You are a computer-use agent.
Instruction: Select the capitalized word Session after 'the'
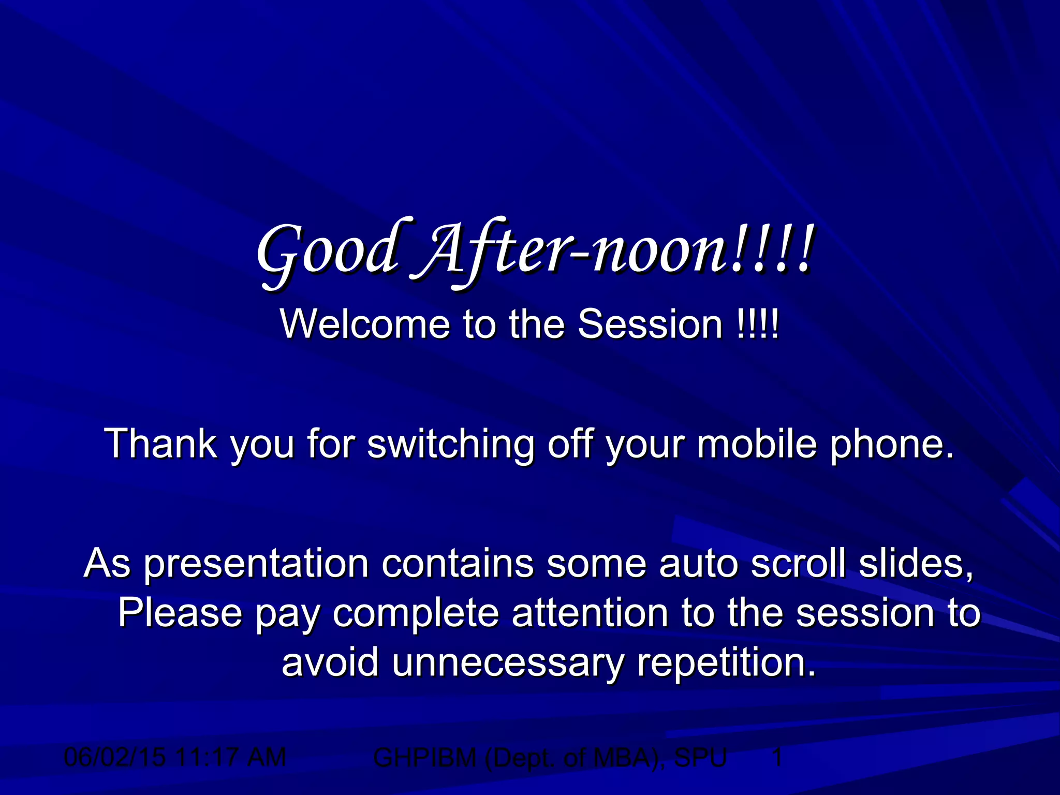650,324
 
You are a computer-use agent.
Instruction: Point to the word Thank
160,444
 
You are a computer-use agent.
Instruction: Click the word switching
451,444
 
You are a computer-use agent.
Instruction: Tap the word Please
180,613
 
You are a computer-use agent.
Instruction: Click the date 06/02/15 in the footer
115,758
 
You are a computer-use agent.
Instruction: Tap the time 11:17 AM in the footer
231,758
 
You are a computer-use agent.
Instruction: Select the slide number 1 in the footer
777,758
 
